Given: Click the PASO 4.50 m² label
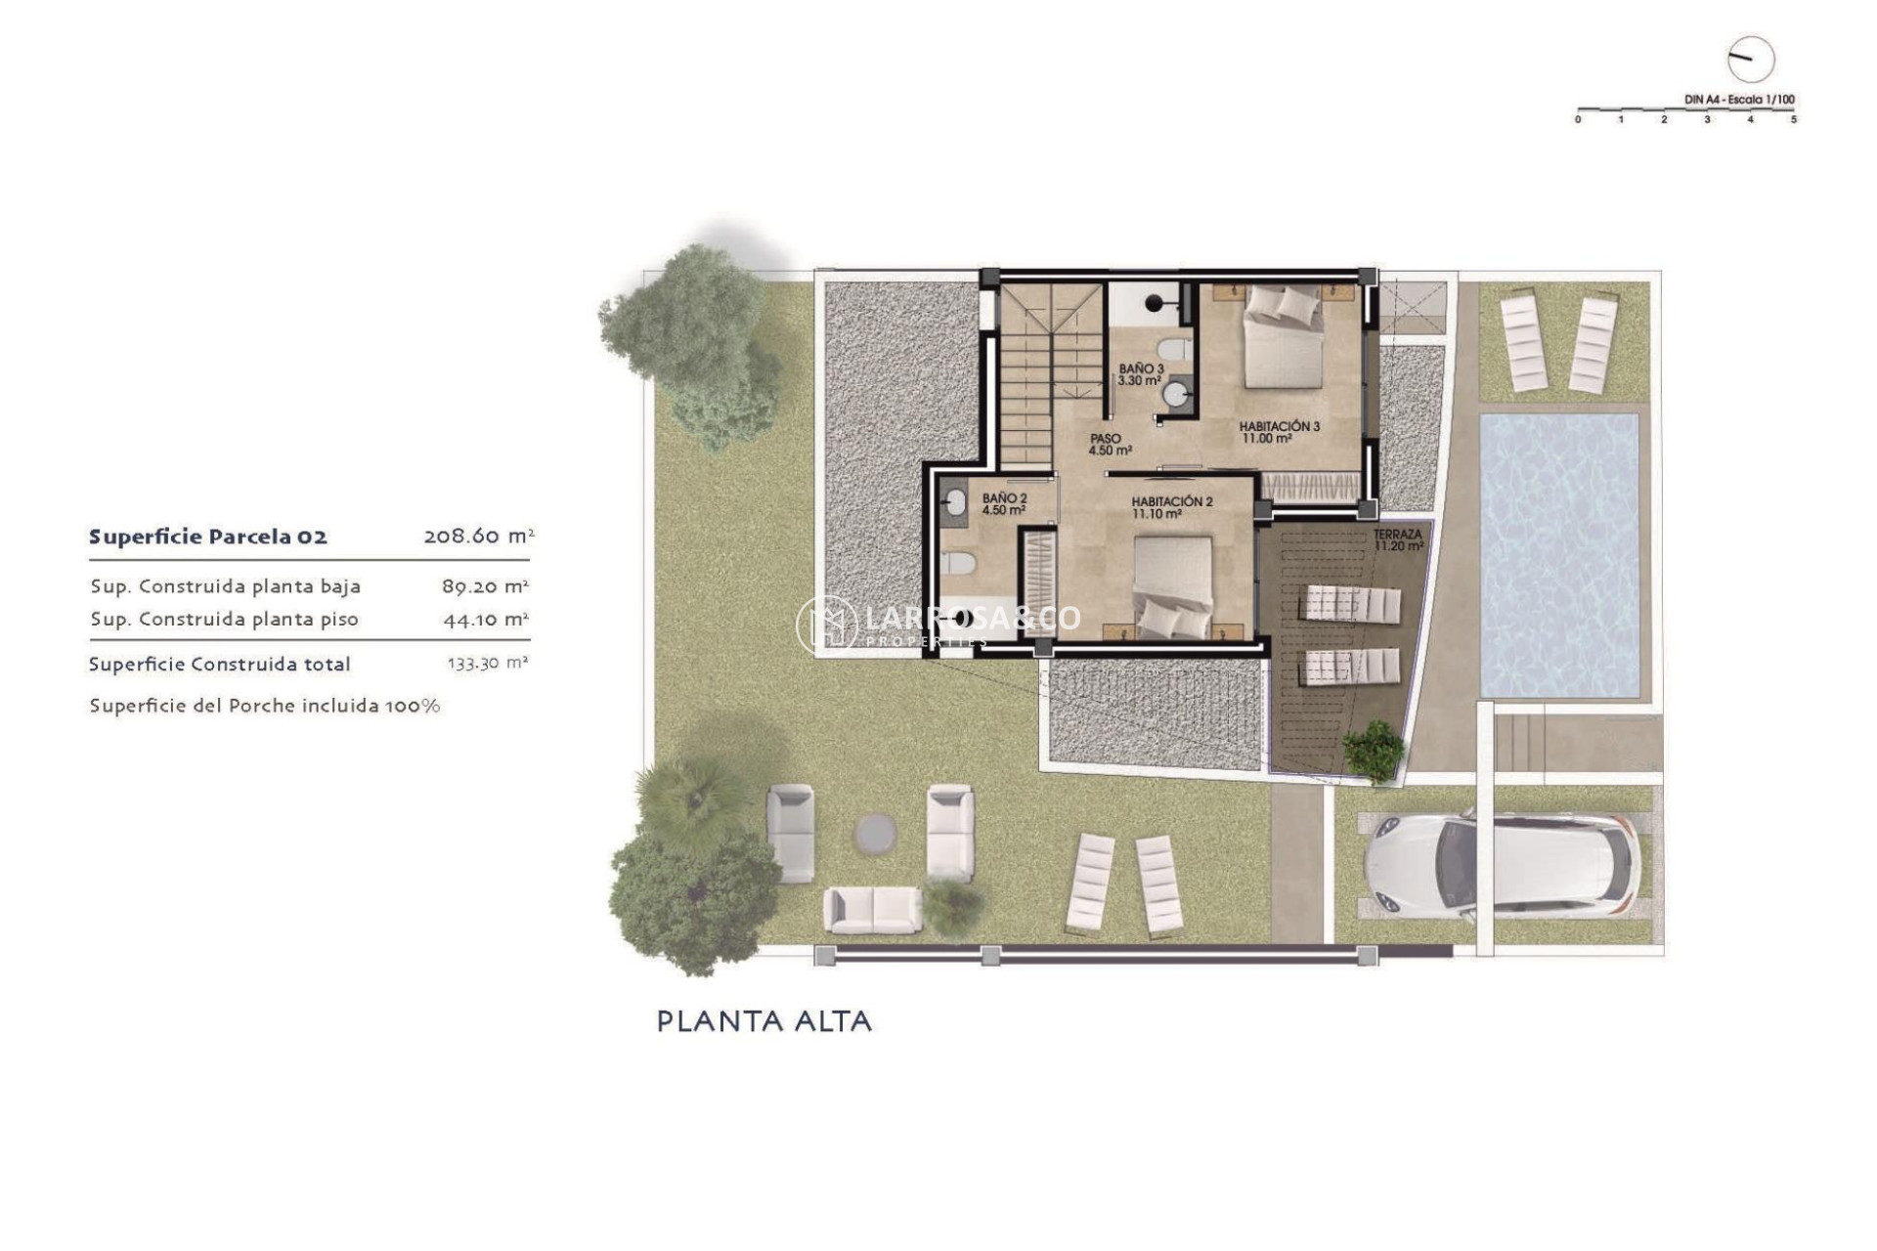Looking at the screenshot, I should point(1110,445).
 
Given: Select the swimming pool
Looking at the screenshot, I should point(1559,554).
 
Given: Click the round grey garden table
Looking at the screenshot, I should point(875,834).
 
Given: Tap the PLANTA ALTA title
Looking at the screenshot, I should point(764,1021).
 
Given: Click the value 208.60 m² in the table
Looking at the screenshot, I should point(478,536).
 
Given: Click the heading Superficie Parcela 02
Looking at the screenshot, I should point(208,537).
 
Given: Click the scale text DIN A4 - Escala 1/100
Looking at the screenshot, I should point(1739,100).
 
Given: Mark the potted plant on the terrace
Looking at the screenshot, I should point(1374,751).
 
